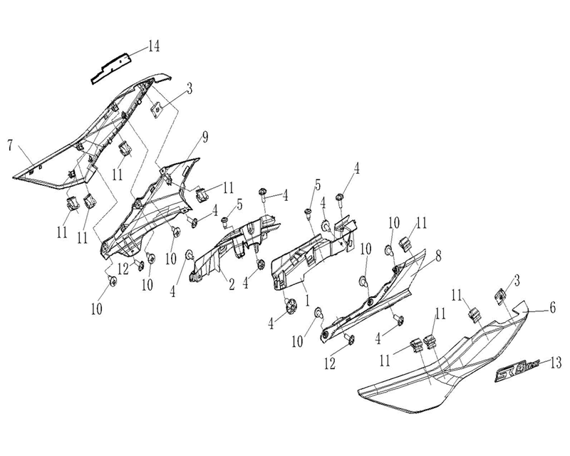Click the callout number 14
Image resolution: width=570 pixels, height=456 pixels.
(x=153, y=46)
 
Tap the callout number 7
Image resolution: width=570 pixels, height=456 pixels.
(x=10, y=145)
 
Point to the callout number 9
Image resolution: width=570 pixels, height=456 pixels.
(x=205, y=137)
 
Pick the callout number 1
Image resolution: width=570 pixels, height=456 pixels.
(x=307, y=300)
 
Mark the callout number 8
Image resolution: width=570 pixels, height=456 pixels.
(x=439, y=256)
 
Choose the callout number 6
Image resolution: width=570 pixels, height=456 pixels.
(x=552, y=308)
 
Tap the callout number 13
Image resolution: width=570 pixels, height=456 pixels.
(x=556, y=363)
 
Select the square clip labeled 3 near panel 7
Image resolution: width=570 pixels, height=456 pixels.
(x=156, y=109)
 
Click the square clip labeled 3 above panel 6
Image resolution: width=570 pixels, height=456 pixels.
(x=501, y=296)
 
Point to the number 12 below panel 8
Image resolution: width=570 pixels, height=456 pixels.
(x=330, y=363)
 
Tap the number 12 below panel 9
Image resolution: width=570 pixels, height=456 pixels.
(x=123, y=269)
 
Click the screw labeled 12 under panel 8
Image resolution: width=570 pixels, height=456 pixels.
(x=351, y=338)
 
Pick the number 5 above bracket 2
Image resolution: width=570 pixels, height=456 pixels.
(x=239, y=204)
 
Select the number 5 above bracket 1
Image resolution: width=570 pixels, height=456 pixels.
(x=317, y=185)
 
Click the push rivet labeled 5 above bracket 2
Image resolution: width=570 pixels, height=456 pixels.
(x=224, y=222)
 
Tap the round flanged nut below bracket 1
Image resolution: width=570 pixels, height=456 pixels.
(x=291, y=306)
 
